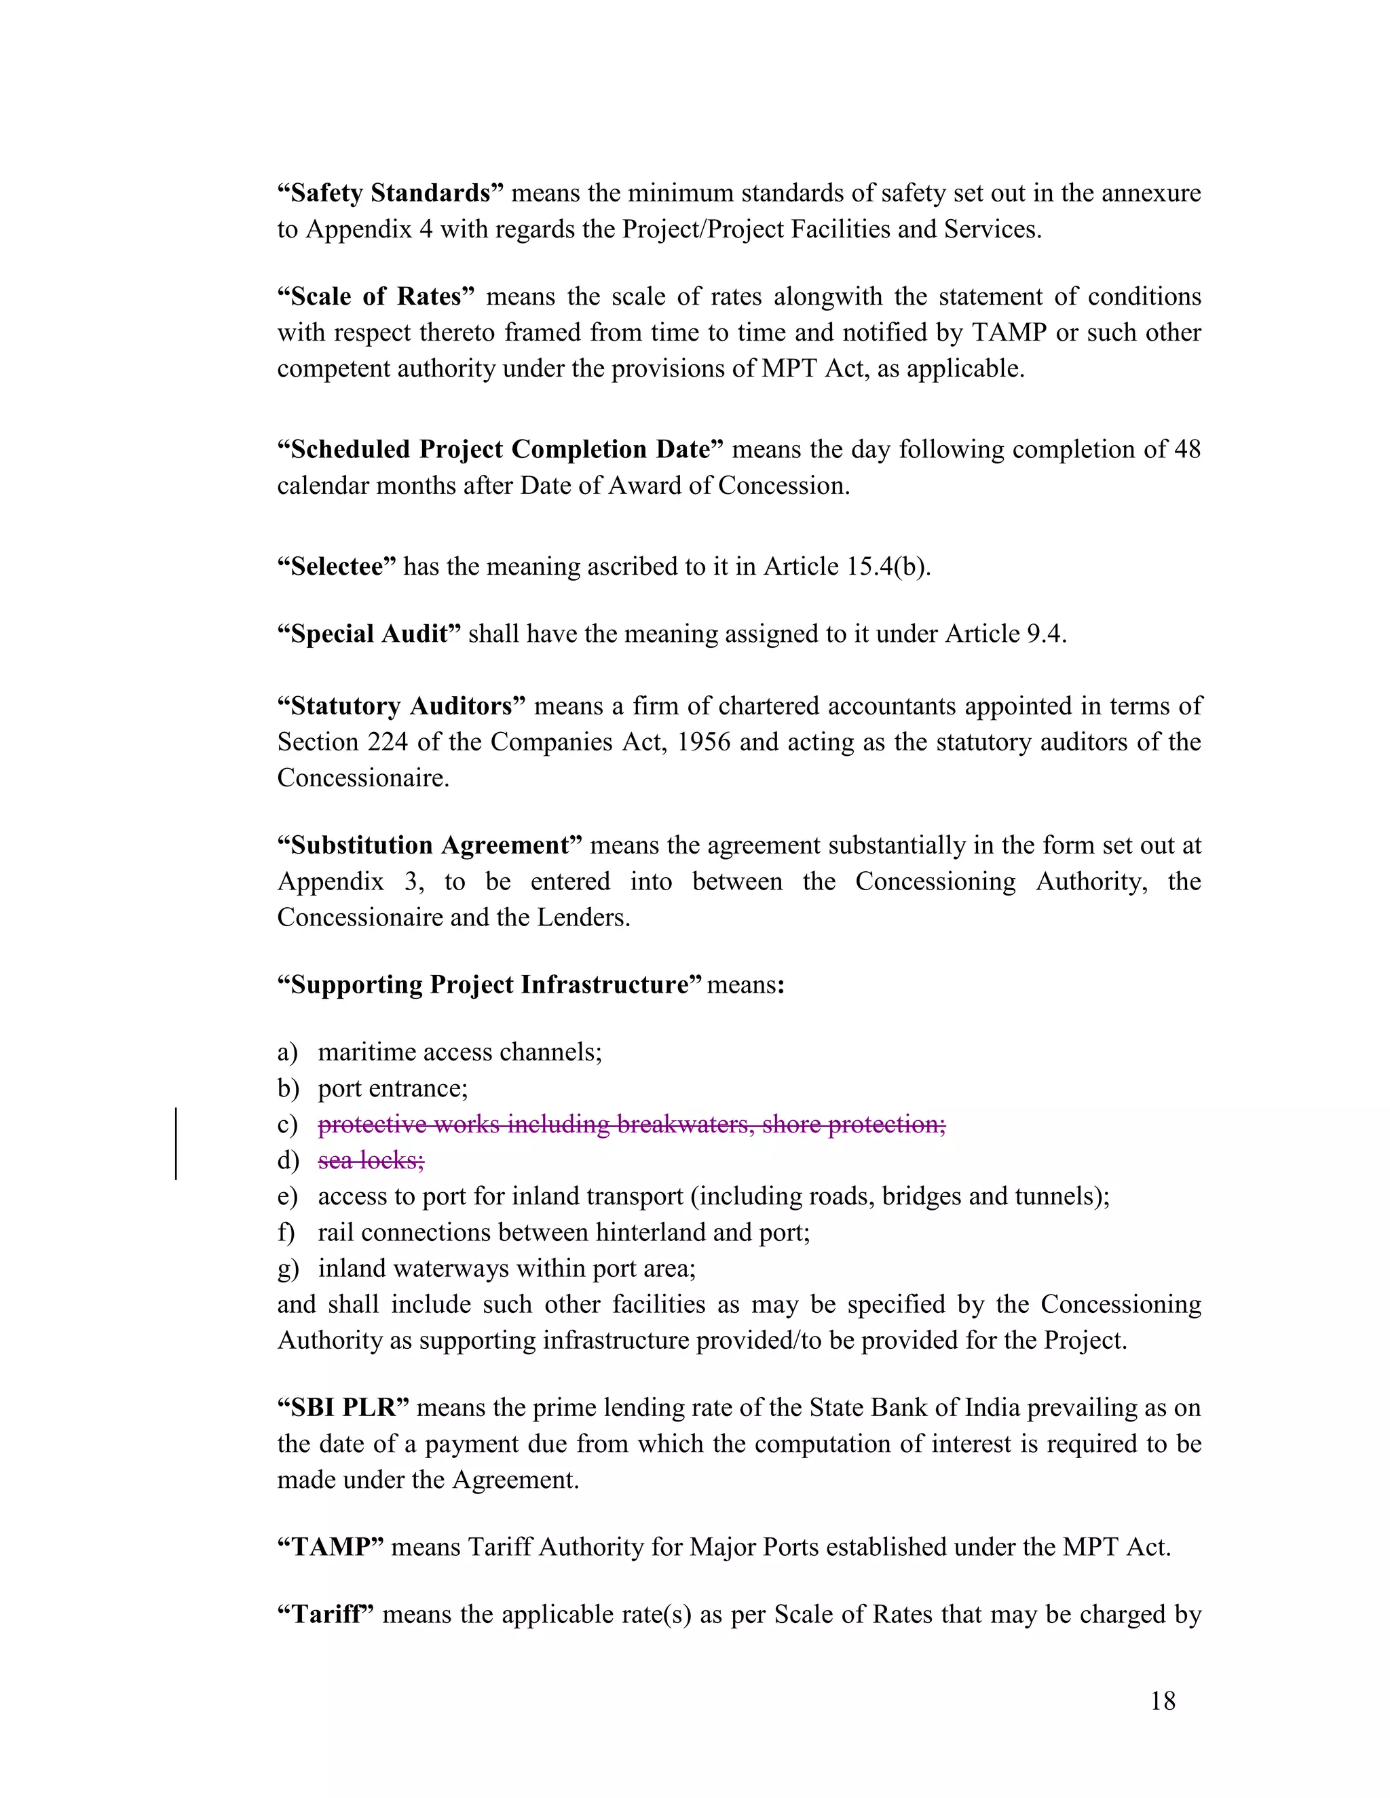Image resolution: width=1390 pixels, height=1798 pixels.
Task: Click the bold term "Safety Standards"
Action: point(390,193)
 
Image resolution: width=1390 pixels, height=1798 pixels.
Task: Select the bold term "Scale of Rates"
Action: point(376,297)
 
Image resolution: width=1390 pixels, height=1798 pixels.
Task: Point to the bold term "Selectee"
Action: point(337,567)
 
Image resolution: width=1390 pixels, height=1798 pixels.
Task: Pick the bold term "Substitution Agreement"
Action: point(430,845)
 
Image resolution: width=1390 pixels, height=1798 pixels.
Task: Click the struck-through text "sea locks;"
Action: point(371,1160)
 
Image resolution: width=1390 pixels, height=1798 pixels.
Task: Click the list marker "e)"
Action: point(287,1196)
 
